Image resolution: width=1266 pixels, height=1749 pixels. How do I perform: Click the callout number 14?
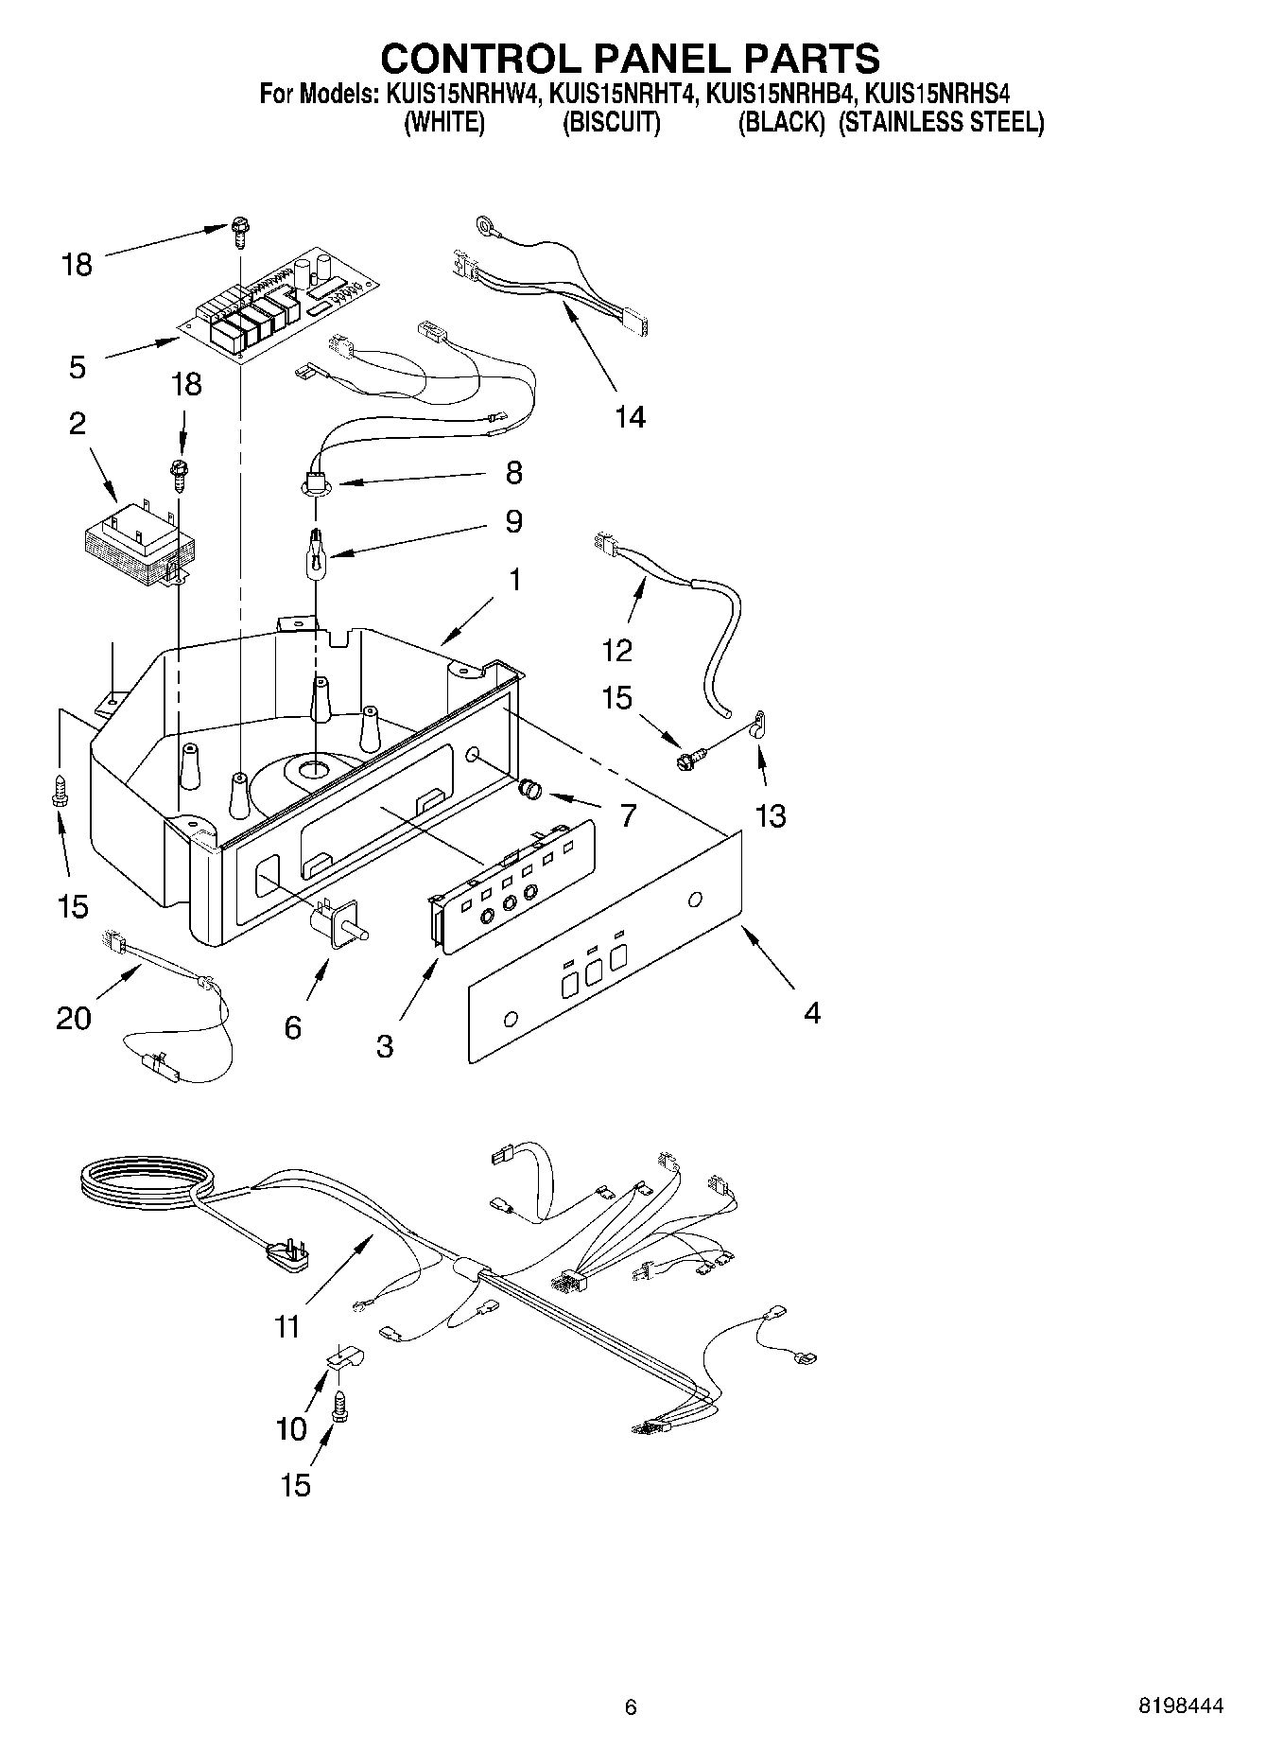coord(630,416)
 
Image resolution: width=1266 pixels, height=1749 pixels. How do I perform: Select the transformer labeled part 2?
coord(137,541)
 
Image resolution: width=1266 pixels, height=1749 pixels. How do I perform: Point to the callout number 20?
coord(73,1018)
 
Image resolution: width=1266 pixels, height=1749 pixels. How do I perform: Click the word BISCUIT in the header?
coord(611,122)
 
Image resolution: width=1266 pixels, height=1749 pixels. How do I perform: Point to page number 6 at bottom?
coord(631,1706)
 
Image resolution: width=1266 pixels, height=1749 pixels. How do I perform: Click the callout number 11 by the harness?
coord(286,1326)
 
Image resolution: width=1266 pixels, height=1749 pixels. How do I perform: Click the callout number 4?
coord(811,1013)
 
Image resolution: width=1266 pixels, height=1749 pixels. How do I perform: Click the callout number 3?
coord(384,1046)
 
